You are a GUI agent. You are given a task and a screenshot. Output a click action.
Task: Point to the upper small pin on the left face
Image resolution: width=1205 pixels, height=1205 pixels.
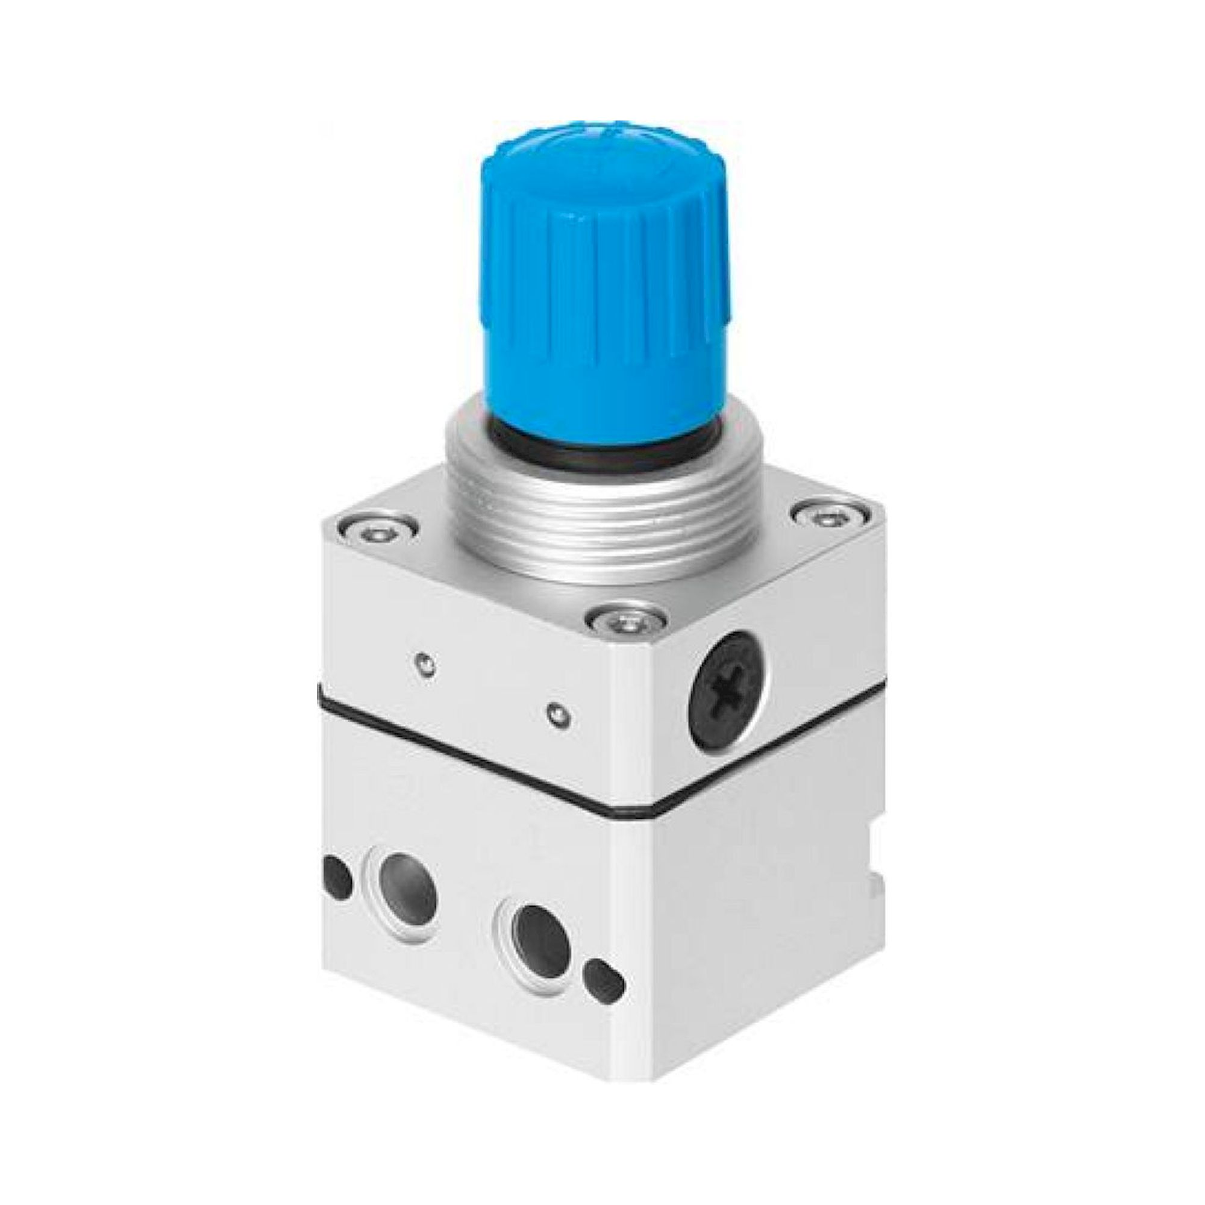tap(424, 665)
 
